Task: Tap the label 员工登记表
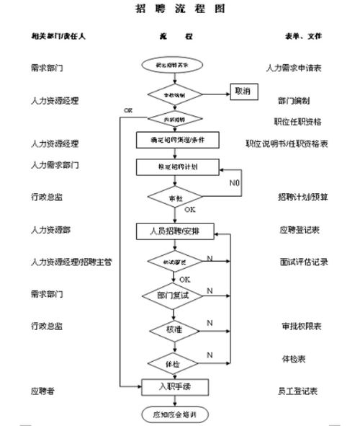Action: [300, 390]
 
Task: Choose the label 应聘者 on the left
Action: [43, 390]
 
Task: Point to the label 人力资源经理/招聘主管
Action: [71, 262]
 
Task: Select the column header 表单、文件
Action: [302, 36]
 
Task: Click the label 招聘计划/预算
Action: [303, 197]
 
